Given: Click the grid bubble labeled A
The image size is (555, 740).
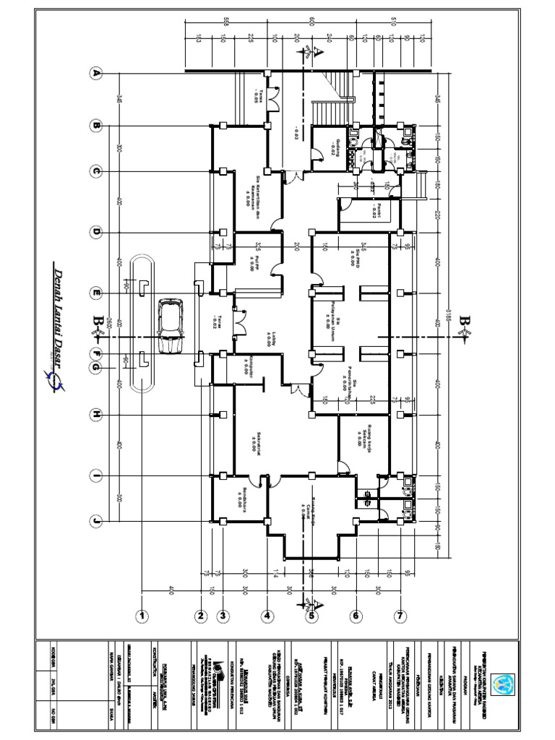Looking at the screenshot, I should tap(95, 73).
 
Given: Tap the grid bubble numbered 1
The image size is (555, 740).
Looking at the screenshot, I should tap(143, 616).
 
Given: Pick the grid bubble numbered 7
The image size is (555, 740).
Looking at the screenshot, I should tap(400, 616).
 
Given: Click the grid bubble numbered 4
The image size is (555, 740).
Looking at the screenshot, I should tap(267, 616).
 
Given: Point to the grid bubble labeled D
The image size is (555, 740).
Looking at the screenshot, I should tap(95, 232).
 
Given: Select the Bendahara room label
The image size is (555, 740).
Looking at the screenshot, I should tap(238, 499).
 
